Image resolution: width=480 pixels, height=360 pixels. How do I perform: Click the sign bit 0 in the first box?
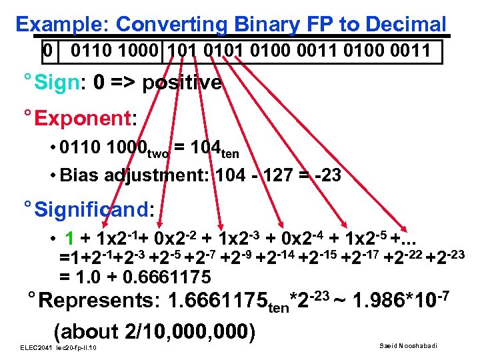pos(46,50)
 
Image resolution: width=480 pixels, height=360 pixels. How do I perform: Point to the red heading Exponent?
pos(83,119)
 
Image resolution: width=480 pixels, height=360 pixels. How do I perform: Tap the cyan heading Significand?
pos(93,210)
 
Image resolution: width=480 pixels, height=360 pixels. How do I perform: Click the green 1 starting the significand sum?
pos(69,238)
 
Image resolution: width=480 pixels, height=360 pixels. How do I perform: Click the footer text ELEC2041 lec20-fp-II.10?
pos(59,349)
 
